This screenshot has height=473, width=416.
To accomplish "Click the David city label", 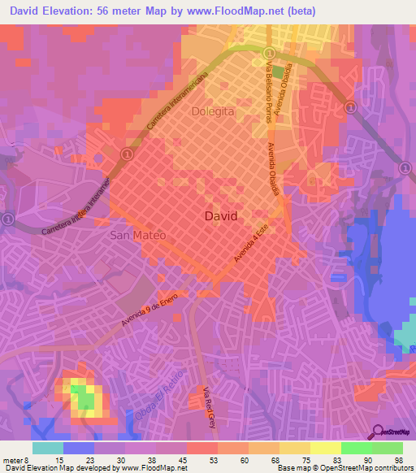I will (x=221, y=217).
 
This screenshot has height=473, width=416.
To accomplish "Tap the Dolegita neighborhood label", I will (x=214, y=111).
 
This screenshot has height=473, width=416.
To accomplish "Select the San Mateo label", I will (x=137, y=235).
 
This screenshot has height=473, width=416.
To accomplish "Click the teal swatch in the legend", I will (x=48, y=448).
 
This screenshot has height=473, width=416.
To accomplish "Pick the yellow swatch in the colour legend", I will (x=325, y=448).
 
